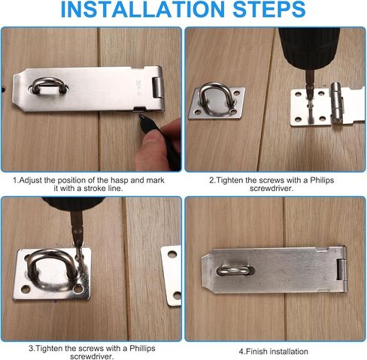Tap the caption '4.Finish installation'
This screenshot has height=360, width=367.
[273, 351]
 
